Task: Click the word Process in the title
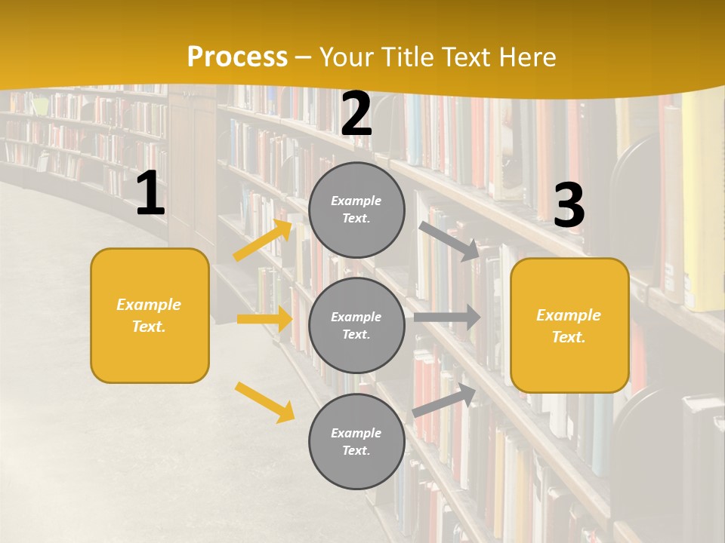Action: [237, 57]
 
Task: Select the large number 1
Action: [150, 194]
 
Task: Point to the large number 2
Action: [356, 115]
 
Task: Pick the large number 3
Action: [569, 206]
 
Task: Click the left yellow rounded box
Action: [150, 315]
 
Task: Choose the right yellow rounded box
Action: [569, 325]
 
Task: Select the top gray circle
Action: [356, 210]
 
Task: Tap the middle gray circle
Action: [356, 325]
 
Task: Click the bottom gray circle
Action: [356, 441]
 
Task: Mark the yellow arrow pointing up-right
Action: [263, 240]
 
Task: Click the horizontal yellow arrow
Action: [264, 319]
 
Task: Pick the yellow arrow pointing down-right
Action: [264, 401]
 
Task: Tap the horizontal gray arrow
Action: [447, 317]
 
